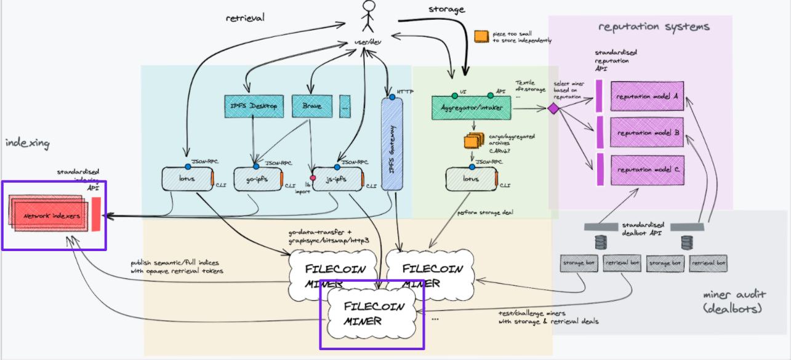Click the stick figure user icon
(368, 17)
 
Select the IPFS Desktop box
(254, 106)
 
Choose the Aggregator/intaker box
(471, 107)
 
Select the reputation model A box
(646, 97)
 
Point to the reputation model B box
(646, 133)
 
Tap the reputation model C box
(646, 169)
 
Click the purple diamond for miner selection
(553, 109)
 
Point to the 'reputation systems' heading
(654, 27)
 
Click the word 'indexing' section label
(27, 143)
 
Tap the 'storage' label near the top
(447, 9)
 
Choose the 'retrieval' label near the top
(244, 18)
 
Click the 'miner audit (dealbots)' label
(735, 300)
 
